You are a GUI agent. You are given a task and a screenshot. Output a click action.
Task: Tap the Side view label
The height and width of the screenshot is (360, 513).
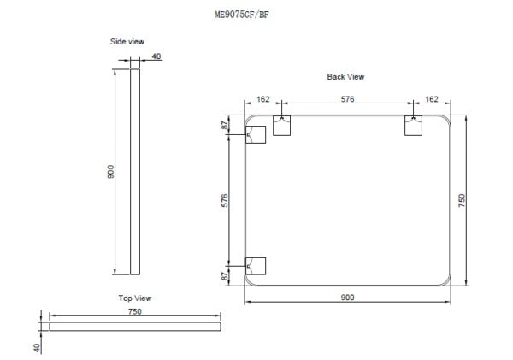pyautogui.click(x=127, y=42)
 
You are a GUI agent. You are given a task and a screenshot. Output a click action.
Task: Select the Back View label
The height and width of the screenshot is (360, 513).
pyautogui.click(x=345, y=77)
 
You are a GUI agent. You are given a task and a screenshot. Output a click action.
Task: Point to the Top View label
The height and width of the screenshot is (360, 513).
pyautogui.click(x=134, y=298)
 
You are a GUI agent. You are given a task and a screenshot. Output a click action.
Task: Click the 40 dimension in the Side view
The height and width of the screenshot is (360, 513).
pyautogui.click(x=156, y=56)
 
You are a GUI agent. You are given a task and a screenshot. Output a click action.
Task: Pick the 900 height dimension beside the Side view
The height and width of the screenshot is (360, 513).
pyautogui.click(x=111, y=172)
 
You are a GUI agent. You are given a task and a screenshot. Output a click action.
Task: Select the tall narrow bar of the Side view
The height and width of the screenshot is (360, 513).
pyautogui.click(x=134, y=172)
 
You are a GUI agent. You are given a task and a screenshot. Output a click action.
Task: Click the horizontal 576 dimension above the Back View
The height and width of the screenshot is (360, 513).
pyautogui.click(x=348, y=100)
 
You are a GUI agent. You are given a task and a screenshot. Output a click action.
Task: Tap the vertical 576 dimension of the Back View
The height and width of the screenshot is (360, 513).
pyautogui.click(x=225, y=201)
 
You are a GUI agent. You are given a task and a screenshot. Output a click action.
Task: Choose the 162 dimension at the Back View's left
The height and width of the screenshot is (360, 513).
pyautogui.click(x=263, y=100)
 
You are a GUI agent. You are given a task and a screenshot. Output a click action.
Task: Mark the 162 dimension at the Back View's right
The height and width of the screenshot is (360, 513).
pyautogui.click(x=431, y=100)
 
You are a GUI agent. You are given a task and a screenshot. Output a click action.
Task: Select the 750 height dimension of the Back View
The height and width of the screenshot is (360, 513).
pyautogui.click(x=462, y=201)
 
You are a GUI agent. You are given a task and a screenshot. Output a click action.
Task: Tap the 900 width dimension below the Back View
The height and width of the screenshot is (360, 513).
pyautogui.click(x=348, y=297)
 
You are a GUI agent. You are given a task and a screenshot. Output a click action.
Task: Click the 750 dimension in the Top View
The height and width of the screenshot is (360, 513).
pyautogui.click(x=134, y=312)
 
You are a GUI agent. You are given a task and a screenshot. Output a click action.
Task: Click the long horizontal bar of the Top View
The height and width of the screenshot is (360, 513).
pyautogui.click(x=135, y=326)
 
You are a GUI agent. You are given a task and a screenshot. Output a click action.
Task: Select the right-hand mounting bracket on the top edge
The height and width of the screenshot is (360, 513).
pyautogui.click(x=414, y=125)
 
